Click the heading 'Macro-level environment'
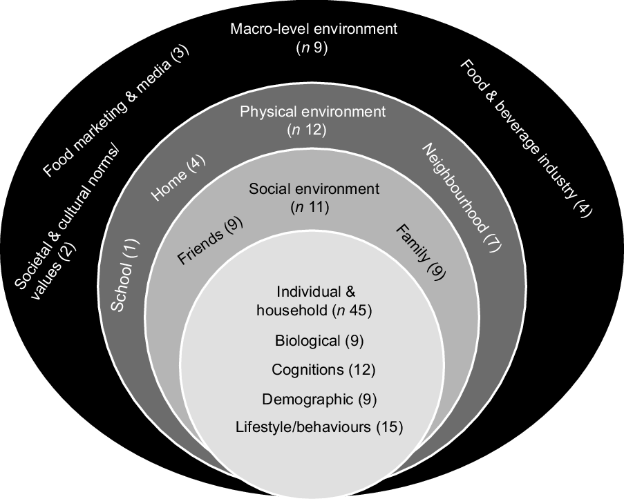tap(314, 30)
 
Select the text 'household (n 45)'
tap(314, 311)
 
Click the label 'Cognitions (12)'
tap(323, 369)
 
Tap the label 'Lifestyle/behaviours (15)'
tap(319, 427)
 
